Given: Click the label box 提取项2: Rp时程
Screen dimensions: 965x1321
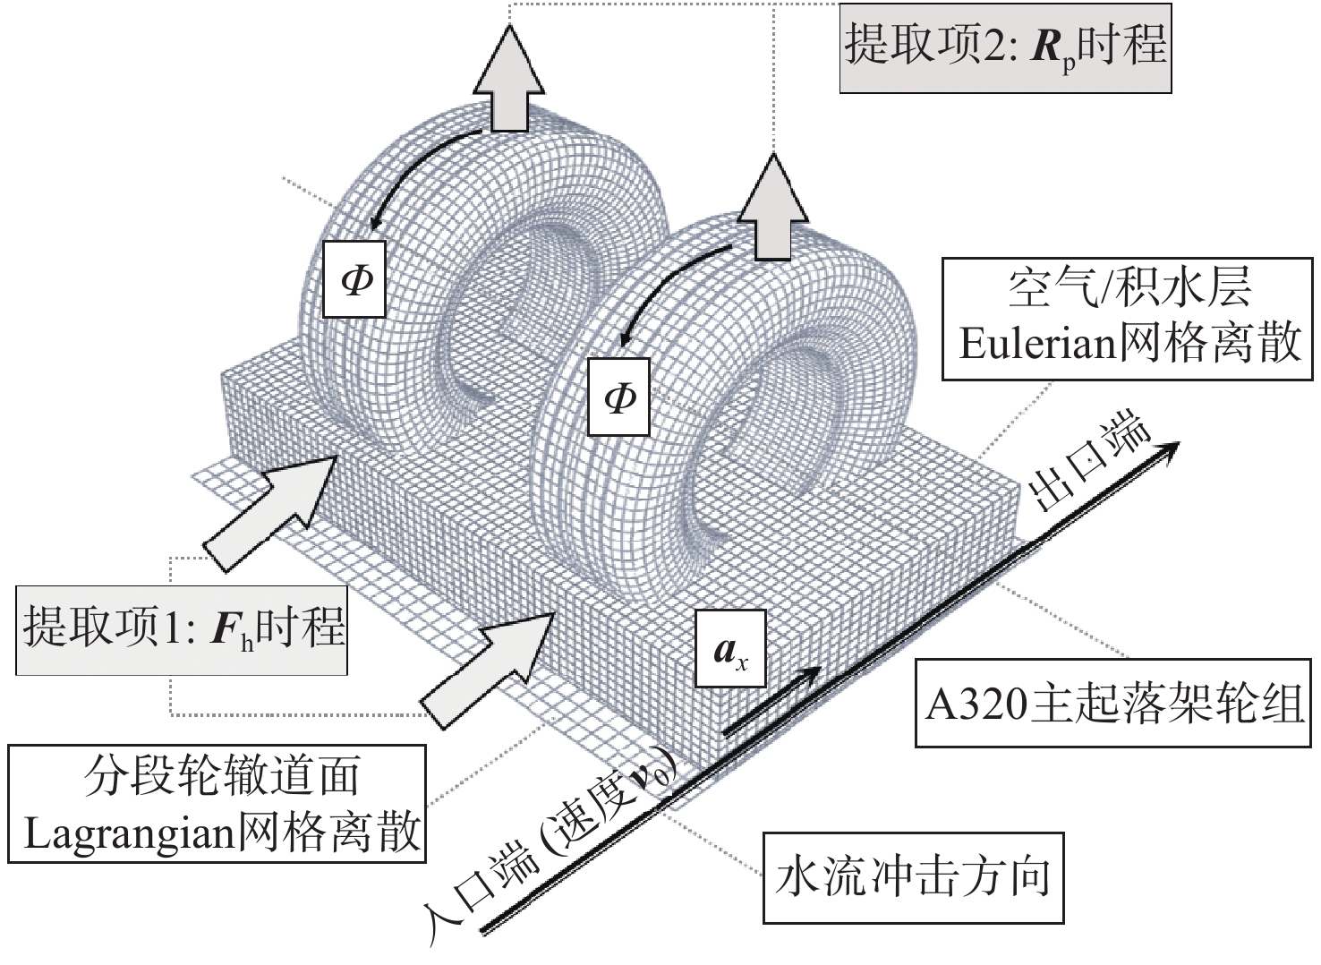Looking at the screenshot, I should tap(1005, 47).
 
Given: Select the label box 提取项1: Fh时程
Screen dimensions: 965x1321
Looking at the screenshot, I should tap(182, 628).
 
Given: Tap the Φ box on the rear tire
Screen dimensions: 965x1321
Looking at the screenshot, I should tap(355, 278).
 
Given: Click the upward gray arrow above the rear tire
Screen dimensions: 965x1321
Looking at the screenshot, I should tap(508, 80).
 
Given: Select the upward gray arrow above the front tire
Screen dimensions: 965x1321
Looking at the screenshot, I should tap(771, 205).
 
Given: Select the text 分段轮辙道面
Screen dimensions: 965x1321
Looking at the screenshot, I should tap(223, 776).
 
